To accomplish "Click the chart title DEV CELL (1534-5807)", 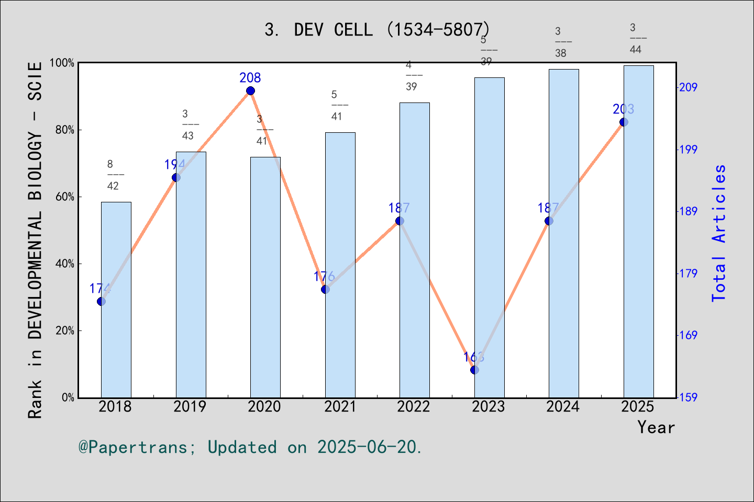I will point(377,30).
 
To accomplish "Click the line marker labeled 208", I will point(250,91).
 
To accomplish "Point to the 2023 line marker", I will point(474,370).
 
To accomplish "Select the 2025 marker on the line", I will point(624,122).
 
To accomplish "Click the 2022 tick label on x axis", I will point(414,407).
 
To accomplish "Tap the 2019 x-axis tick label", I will point(190,407).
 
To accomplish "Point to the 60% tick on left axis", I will point(65,197).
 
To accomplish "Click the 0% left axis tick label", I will point(68,398).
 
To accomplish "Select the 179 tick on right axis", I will point(688,273).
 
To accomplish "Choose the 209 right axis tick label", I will point(688,87).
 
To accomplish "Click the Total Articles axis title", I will point(719,233).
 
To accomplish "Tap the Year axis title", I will point(656,427).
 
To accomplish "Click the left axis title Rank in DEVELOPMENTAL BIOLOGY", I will point(35,241).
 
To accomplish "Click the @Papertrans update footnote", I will point(250,447).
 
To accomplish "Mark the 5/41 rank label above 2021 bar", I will point(338,105).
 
